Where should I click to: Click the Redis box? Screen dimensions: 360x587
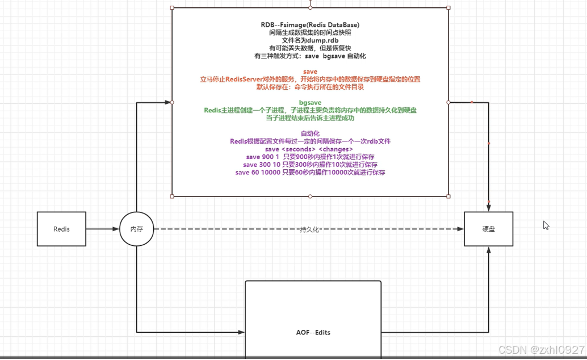pyautogui.click(x=61, y=229)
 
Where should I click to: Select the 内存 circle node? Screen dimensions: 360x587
pyautogui.click(x=137, y=229)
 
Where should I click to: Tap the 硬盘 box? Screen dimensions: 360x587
pyautogui.click(x=488, y=229)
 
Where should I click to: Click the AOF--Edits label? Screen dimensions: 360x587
pyautogui.click(x=313, y=332)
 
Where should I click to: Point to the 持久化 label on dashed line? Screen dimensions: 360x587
pyautogui.click(x=310, y=229)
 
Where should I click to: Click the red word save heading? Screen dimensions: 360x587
pyautogui.click(x=310, y=72)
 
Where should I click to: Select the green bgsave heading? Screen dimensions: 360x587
pyautogui.click(x=310, y=103)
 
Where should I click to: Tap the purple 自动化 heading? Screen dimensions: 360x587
pyautogui.click(x=310, y=133)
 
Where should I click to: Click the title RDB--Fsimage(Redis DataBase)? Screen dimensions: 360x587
pyautogui.click(x=310, y=25)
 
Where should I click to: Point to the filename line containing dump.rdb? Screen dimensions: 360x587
pyautogui.click(x=310, y=41)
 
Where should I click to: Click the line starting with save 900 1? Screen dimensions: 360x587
pyautogui.click(x=310, y=157)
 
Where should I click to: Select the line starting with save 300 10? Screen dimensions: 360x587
pyautogui.click(x=310, y=165)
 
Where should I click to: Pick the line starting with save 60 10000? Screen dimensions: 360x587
pyautogui.click(x=310, y=172)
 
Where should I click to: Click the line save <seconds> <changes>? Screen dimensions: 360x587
pyautogui.click(x=310, y=149)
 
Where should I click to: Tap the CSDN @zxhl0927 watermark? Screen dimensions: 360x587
pyautogui.click(x=541, y=350)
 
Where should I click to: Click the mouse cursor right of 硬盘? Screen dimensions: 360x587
pyautogui.click(x=546, y=225)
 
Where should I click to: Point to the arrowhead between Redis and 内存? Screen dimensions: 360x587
pyautogui.click(x=116, y=229)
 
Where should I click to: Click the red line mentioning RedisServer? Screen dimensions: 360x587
pyautogui.click(x=310, y=79)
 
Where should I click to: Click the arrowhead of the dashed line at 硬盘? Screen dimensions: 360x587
pyautogui.click(x=460, y=229)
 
